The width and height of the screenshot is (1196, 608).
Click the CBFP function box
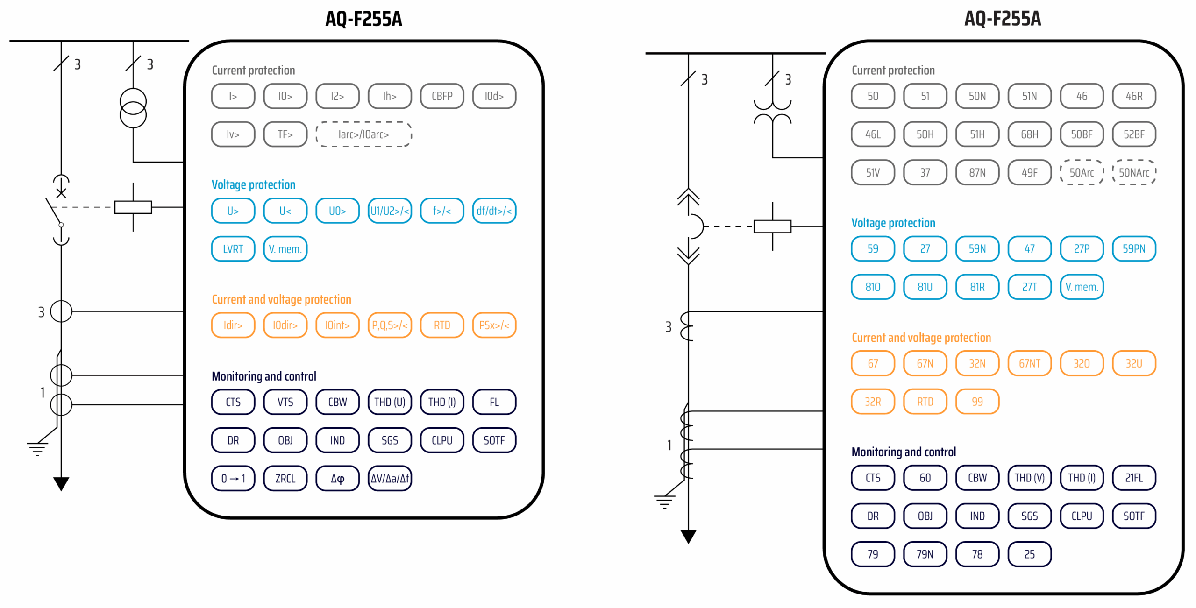tap(441, 96)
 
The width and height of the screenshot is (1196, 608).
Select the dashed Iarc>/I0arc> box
tap(363, 134)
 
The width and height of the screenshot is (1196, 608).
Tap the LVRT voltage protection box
tap(233, 249)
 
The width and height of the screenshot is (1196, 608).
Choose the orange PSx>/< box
tap(494, 325)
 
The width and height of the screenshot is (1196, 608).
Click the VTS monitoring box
tap(285, 402)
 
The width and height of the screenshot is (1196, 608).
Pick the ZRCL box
tap(285, 478)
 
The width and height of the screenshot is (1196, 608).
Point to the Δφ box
tap(337, 478)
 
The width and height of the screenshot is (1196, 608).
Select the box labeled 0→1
tap(233, 478)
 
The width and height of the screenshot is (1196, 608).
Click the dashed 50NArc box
tap(1133, 172)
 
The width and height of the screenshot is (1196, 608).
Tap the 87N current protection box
tap(977, 172)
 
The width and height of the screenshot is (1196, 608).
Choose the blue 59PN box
tap(1133, 248)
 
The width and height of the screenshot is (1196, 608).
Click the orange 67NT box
tap(1029, 363)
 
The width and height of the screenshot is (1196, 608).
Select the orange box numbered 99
tap(977, 402)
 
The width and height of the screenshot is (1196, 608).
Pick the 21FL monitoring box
tap(1133, 478)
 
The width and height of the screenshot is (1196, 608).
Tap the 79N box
tap(925, 554)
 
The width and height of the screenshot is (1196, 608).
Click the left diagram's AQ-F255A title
tap(363, 19)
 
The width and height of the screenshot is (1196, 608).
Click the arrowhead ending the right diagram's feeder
tap(688, 537)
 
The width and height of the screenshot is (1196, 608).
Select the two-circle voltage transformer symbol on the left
tap(133, 108)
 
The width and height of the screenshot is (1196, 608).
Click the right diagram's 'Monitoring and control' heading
tap(904, 452)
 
